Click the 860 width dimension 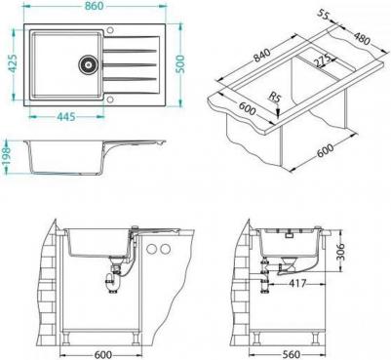pyautogui.click(x=95, y=6)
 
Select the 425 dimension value pyautogui.click(x=13, y=63)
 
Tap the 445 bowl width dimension pyautogui.click(x=66, y=116)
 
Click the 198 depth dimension pyautogui.click(x=7, y=156)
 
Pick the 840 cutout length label pyautogui.click(x=262, y=56)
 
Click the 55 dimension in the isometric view pyautogui.click(x=323, y=15)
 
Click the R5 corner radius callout pyautogui.click(x=274, y=97)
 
